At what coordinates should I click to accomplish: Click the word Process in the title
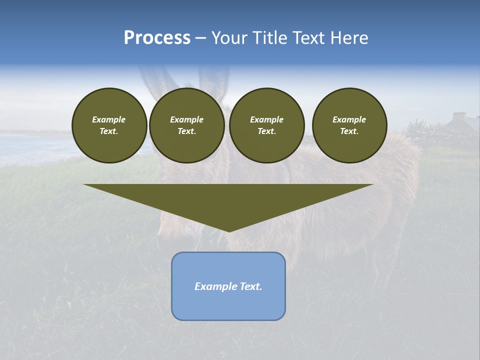coord(157,38)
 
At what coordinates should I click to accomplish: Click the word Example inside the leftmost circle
coord(109,119)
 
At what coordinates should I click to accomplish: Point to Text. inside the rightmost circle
coord(349,131)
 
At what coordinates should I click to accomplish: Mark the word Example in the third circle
coord(266,119)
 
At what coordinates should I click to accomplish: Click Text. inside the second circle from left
coord(186,131)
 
